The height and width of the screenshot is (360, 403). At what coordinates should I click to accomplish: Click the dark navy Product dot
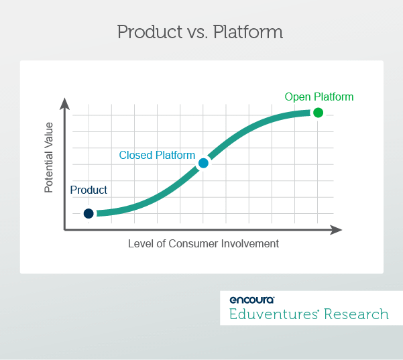[x=89, y=214]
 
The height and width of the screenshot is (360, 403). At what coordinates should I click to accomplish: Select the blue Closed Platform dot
[x=203, y=163]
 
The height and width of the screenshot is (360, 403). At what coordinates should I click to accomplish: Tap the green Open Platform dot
[x=318, y=113]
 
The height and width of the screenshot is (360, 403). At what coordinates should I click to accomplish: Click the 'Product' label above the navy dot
[x=89, y=190]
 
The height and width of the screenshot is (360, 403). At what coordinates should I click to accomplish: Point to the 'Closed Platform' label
[x=157, y=156]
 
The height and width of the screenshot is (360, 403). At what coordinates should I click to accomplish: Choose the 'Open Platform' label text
[x=319, y=97]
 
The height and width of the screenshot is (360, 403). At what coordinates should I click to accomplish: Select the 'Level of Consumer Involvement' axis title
[x=203, y=244]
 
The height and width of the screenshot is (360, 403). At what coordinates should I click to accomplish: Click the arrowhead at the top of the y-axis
[x=64, y=103]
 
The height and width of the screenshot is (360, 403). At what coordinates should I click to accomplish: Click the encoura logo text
[x=251, y=300]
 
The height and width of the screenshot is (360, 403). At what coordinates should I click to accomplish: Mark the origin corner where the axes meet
[x=65, y=230]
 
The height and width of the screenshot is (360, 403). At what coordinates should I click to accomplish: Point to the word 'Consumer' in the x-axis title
[x=200, y=244]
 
